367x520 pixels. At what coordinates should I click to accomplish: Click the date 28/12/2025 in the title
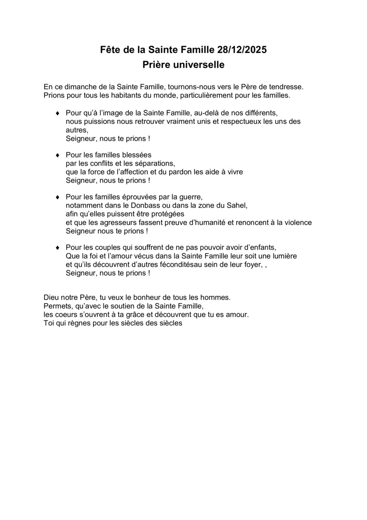(242, 50)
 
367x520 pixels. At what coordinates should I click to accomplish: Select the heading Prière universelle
(183, 65)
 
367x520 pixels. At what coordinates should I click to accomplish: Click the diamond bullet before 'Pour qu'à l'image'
(58, 114)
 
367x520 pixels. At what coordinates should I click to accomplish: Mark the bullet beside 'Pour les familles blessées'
(58, 155)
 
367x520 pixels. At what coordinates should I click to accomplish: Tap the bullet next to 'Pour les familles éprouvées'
(58, 197)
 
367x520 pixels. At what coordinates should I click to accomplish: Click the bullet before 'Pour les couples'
(58, 247)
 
